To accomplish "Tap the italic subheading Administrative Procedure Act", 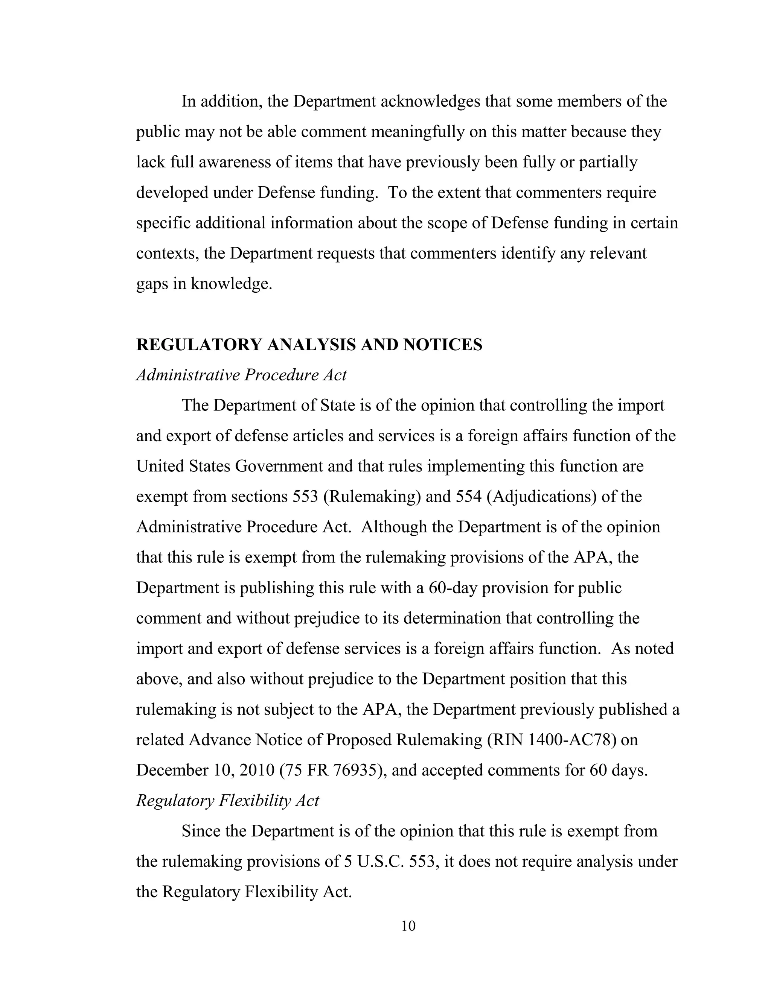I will (241, 375).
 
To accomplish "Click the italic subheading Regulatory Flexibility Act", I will (227, 800).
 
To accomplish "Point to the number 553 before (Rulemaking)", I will (305, 496).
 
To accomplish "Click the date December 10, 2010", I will (205, 770).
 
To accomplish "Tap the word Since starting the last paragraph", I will (201, 831).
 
